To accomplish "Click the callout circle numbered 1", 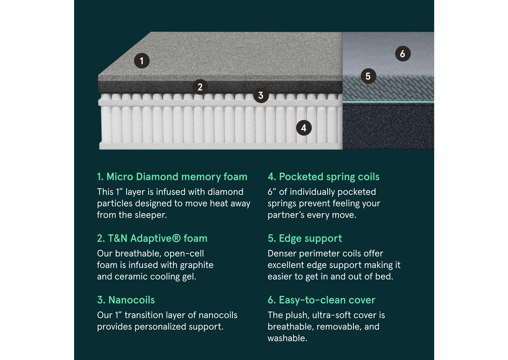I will (x=142, y=61).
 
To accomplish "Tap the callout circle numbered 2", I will (x=200, y=87).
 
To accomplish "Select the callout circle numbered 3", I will (x=261, y=95).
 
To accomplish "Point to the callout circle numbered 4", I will (x=304, y=128).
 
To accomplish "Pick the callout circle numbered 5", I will (x=368, y=76).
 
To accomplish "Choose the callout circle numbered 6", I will (x=402, y=54).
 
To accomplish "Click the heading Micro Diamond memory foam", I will (x=172, y=177).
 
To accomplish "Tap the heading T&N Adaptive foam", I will (x=152, y=238).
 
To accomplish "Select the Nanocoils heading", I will (x=126, y=300).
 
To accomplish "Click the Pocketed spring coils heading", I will (x=323, y=177).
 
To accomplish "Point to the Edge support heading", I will (x=305, y=238).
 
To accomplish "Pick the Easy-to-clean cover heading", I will (x=321, y=300).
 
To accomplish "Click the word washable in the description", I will (x=287, y=338).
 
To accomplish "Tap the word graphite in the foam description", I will (x=196, y=265).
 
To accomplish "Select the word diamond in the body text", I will (x=225, y=192).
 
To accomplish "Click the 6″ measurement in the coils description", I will (x=272, y=192).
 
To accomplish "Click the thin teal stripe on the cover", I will (x=388, y=102).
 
